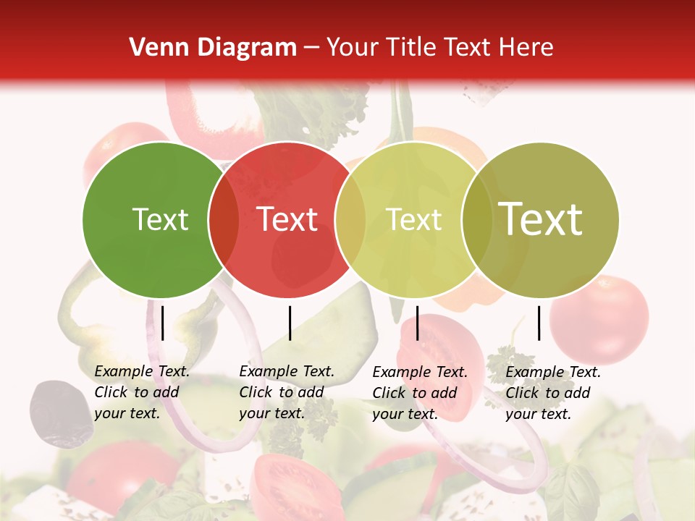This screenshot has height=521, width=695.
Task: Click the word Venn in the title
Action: tap(153, 48)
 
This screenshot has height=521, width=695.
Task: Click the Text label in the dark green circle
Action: tap(160, 219)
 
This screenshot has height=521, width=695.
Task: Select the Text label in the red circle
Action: tap(287, 219)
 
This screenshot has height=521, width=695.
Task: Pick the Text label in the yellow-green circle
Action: tap(414, 219)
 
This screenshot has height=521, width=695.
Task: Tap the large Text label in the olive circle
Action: tap(541, 219)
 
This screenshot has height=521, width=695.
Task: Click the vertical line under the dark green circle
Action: tap(163, 323)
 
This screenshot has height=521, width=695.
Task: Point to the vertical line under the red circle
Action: tap(290, 323)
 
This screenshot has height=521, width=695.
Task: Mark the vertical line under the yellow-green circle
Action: tap(417, 323)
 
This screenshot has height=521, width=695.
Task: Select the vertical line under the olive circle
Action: tap(539, 323)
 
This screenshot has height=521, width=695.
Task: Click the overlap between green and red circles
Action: tap(224, 220)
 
